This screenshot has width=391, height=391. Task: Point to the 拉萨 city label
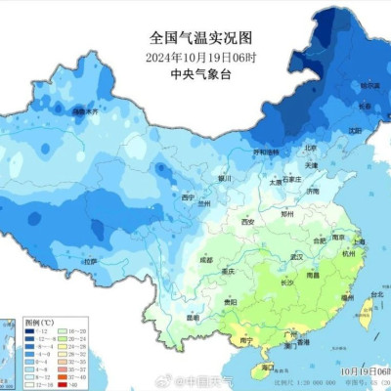click(x=89, y=262)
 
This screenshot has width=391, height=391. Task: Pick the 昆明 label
click(x=194, y=318)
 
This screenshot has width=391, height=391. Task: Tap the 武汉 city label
click(x=290, y=256)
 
